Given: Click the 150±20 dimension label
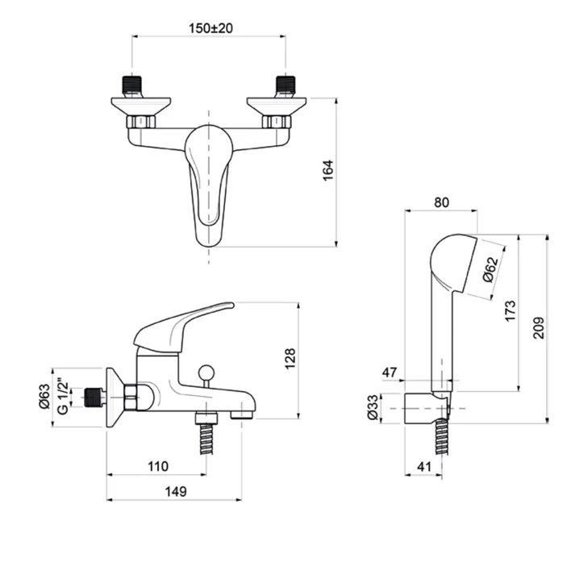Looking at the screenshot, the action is (x=210, y=28).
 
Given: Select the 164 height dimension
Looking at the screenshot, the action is (x=327, y=170).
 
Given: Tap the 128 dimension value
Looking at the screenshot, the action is (x=290, y=358).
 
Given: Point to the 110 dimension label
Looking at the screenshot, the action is (x=158, y=466).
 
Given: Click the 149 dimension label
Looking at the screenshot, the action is (x=176, y=491).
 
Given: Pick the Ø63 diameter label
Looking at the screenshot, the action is (x=44, y=396).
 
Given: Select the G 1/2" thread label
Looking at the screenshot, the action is (x=63, y=398).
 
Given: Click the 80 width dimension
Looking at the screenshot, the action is (x=441, y=202).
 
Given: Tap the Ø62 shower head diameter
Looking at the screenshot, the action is (x=491, y=269).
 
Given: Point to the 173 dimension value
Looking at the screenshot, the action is (x=510, y=311).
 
